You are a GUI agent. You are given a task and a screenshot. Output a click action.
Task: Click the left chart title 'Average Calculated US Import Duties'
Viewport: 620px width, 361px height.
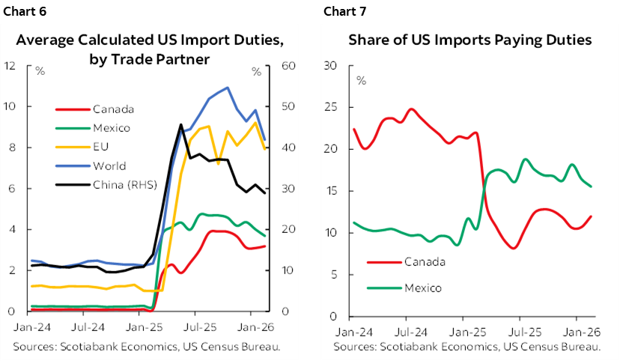pos(150,40)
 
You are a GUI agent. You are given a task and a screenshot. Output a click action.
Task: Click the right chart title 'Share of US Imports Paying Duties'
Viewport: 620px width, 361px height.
pos(470,40)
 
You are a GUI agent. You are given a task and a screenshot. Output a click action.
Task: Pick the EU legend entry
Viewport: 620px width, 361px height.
pos(102,147)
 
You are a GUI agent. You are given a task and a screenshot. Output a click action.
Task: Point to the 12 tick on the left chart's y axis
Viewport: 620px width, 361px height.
pos(10,66)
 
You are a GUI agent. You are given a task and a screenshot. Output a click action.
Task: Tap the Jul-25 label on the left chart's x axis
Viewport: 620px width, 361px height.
pos(195,327)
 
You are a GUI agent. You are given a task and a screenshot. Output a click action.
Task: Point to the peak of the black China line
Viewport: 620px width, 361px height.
pos(180,125)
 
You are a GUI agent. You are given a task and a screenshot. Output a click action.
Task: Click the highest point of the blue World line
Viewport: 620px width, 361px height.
pos(227,88)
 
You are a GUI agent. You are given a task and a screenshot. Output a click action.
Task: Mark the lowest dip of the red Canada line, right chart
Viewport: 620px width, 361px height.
pos(514,248)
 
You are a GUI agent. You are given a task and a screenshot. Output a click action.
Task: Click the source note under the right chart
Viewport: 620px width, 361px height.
pos(467,347)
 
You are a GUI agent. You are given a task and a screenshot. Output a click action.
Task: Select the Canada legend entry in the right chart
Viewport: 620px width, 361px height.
pos(424,262)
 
